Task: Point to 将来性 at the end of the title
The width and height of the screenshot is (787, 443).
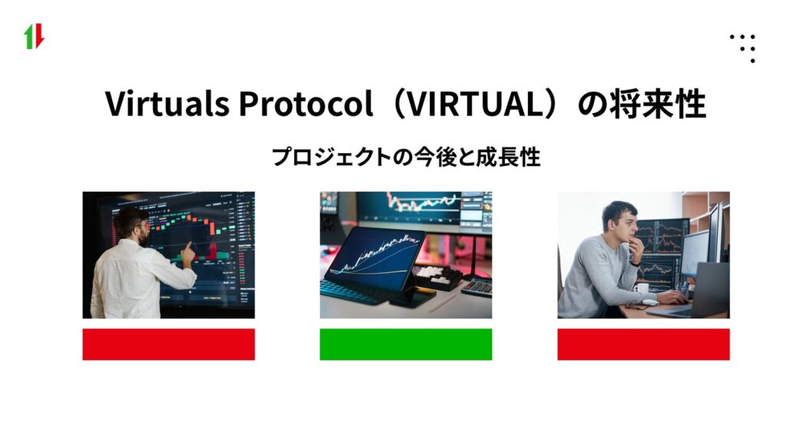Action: pyautogui.click(x=662, y=105)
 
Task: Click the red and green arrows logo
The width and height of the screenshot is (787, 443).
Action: pyautogui.click(x=34, y=37)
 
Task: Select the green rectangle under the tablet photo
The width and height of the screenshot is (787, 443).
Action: pyautogui.click(x=406, y=344)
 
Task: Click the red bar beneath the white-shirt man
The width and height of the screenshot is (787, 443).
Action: pyautogui.click(x=168, y=344)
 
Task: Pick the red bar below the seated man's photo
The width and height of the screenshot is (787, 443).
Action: pyautogui.click(x=643, y=344)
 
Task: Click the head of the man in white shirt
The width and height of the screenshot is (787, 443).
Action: pyautogui.click(x=131, y=225)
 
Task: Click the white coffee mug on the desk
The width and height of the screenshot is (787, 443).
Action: pyautogui.click(x=642, y=288)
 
